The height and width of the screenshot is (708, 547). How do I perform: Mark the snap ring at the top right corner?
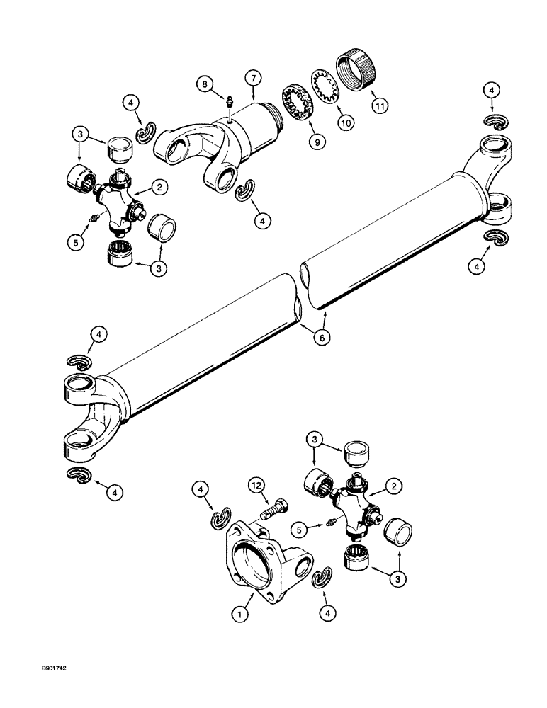(491, 120)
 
